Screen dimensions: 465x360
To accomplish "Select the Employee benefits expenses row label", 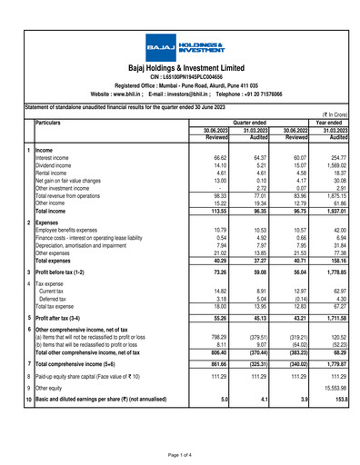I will (x=79, y=230).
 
